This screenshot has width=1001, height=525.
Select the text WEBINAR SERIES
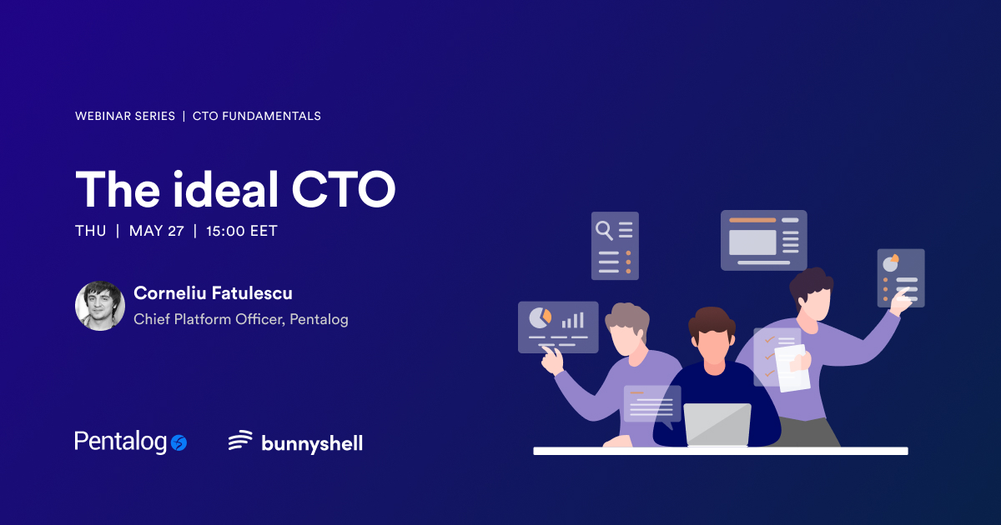point(125,116)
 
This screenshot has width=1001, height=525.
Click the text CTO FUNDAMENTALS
point(257,116)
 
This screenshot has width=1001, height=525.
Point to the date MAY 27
point(157,231)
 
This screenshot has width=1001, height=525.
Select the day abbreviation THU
point(91,231)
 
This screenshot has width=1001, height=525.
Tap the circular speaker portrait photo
point(100,306)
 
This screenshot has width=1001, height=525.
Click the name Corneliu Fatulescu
point(213,293)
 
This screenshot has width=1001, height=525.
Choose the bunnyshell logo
point(296,442)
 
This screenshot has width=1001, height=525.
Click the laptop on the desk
point(717,424)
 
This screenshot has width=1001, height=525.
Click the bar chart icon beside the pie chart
point(572,319)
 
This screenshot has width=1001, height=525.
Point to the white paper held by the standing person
point(791,367)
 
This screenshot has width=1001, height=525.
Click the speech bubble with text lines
point(651,404)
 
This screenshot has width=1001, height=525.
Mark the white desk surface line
point(720,451)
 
